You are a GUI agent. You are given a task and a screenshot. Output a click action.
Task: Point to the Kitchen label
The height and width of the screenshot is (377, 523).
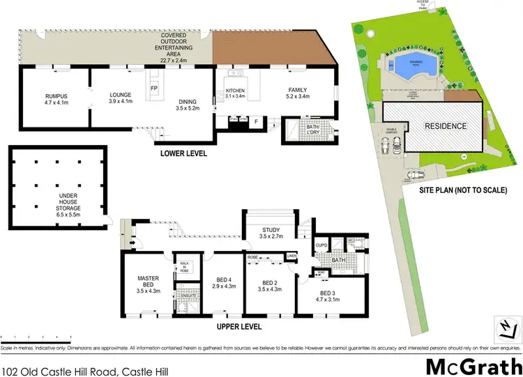(x=234, y=91)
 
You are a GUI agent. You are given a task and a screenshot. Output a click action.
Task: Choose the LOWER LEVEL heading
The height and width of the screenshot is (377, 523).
(x=183, y=153)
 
